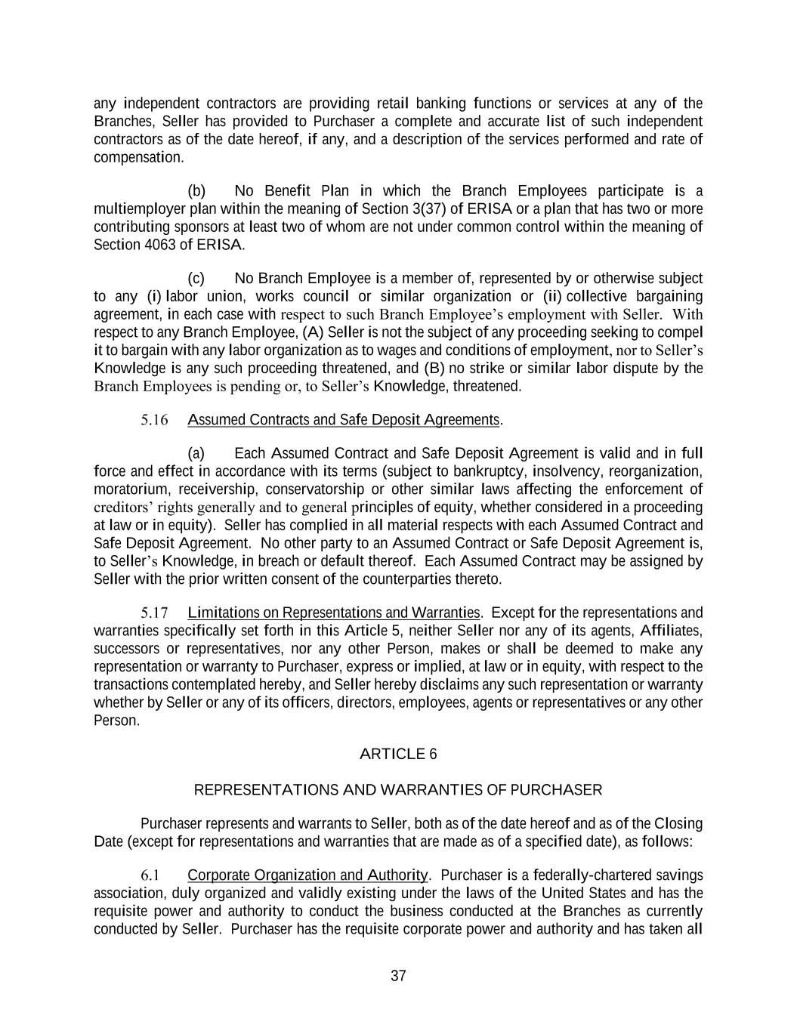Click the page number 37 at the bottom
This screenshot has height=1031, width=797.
pyautogui.click(x=398, y=976)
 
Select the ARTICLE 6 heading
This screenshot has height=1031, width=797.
pyautogui.click(x=398, y=754)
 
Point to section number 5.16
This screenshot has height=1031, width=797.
pyautogui.click(x=154, y=420)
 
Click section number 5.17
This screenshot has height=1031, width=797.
pyautogui.click(x=154, y=613)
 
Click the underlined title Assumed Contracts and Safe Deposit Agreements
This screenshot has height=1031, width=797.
pyautogui.click(x=344, y=420)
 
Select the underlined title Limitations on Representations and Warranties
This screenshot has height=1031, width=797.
pyautogui.click(x=334, y=613)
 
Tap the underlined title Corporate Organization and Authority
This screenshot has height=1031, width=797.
pyautogui.click(x=307, y=875)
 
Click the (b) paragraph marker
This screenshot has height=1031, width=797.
pyautogui.click(x=196, y=190)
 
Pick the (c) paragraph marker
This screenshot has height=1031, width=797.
pyautogui.click(x=196, y=279)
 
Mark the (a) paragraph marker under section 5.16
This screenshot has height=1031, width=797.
pyautogui.click(x=196, y=453)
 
